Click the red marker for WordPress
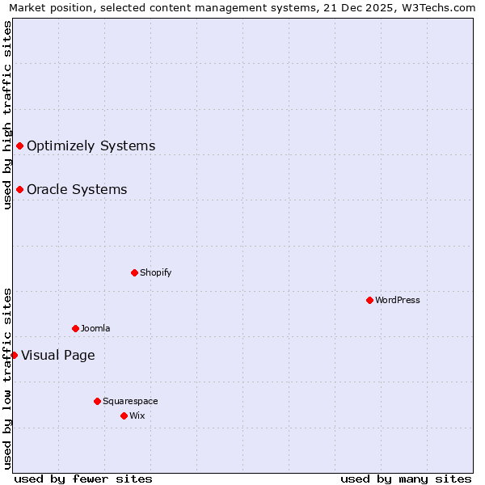[369, 300]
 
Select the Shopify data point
[134, 272]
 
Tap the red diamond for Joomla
[75, 328]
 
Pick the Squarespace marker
[97, 401]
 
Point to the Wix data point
[124, 415]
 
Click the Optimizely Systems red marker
[19, 145]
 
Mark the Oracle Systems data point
[19, 189]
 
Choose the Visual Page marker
[14, 355]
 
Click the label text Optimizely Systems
[91, 146]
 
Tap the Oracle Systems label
[77, 190]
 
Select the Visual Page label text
[57, 356]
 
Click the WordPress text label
[398, 300]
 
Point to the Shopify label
[156, 272]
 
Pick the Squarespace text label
[130, 401]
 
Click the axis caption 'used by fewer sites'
[83, 479]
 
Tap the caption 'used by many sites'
[406, 479]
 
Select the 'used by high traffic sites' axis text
[8, 115]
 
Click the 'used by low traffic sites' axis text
[8, 378]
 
